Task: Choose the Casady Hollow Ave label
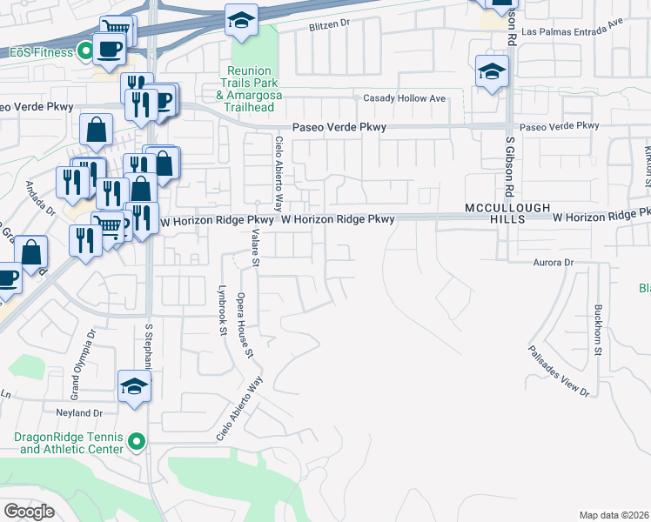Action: tap(404, 98)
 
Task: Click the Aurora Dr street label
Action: tap(554, 262)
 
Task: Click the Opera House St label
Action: tap(245, 325)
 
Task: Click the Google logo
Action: tap(29, 512)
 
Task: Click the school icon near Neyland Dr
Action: tap(134, 386)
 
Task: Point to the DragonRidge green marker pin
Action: tap(136, 443)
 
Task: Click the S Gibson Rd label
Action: tap(511, 165)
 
